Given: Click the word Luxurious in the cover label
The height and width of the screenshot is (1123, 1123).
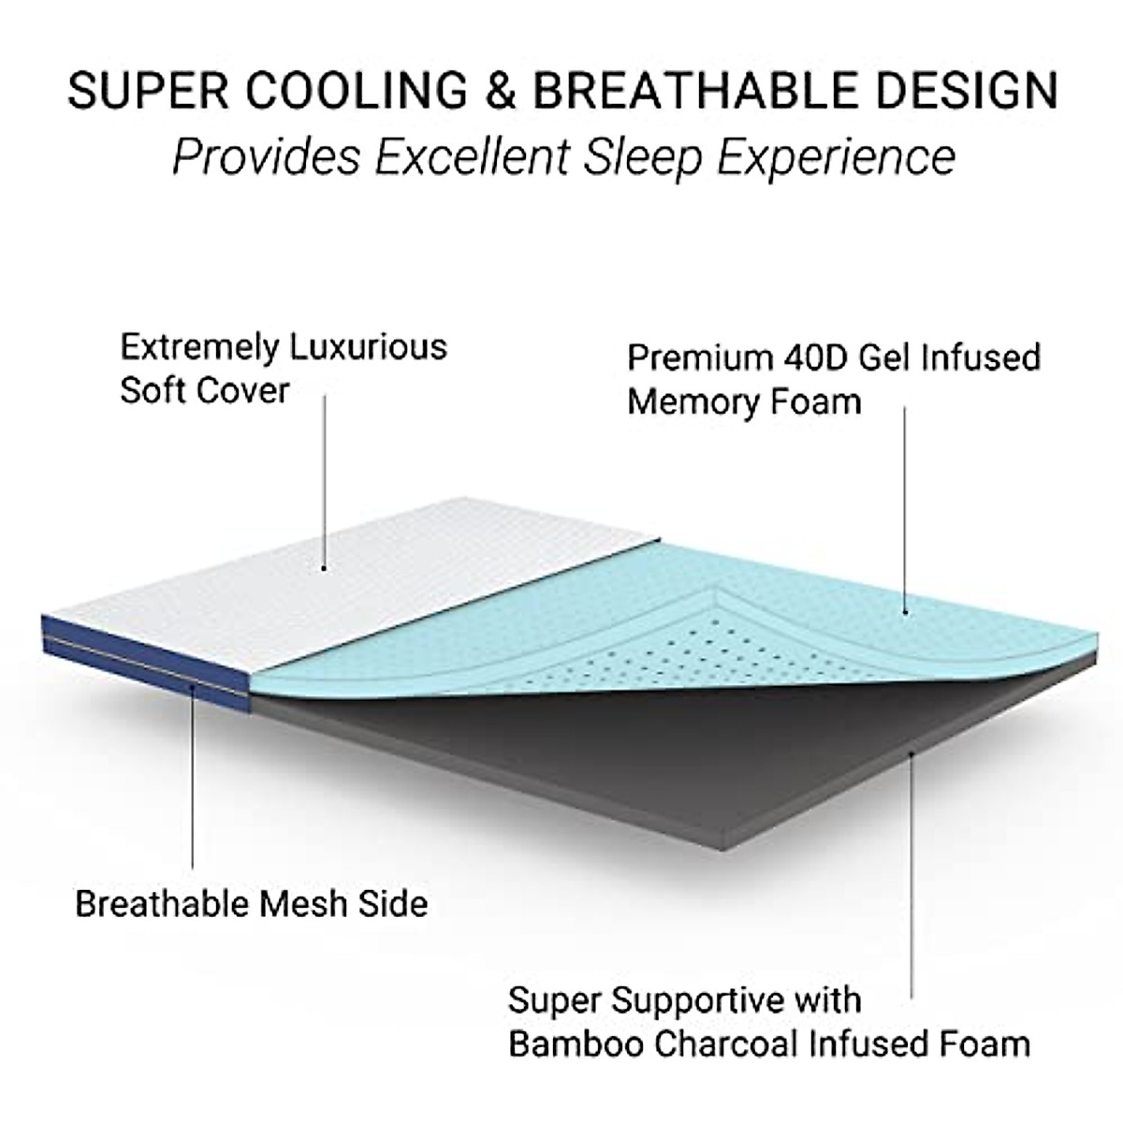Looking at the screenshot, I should click(367, 347).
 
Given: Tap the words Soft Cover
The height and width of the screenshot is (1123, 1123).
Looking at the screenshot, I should click(204, 390).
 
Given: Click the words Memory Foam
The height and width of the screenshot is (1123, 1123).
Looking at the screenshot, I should click(744, 401).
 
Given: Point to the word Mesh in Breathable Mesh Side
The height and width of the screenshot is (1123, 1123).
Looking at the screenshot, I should click(301, 903).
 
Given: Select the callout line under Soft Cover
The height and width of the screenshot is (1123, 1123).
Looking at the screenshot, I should click(325, 477).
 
